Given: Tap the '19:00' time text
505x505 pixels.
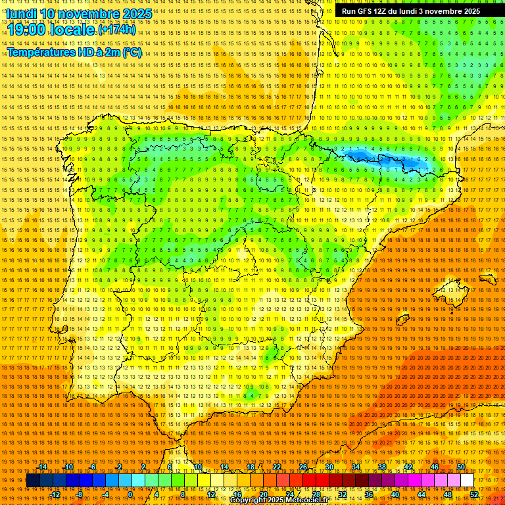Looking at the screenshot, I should (30, 30).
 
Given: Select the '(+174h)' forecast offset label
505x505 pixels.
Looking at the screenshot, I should (117, 30).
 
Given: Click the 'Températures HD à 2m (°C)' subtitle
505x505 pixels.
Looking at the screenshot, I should (74, 52).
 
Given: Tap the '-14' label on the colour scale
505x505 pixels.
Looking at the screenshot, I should (42, 467).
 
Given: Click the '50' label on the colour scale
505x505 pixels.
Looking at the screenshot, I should (462, 467).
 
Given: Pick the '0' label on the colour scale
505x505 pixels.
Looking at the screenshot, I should (131, 494).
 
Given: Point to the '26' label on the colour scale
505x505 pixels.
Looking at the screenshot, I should (303, 467).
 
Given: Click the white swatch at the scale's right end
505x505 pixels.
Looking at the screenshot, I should (468, 481).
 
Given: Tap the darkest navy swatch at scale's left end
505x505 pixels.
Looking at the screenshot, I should (33, 481).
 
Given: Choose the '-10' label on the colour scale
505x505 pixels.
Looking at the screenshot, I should (68, 467).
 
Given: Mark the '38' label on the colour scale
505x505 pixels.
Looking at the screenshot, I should (382, 467).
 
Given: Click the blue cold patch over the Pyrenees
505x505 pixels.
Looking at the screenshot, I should (388, 159).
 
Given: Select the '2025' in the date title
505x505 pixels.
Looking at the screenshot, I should (137, 14).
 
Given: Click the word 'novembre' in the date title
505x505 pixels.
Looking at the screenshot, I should (88, 14).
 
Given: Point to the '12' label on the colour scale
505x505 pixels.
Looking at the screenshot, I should (211, 494).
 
